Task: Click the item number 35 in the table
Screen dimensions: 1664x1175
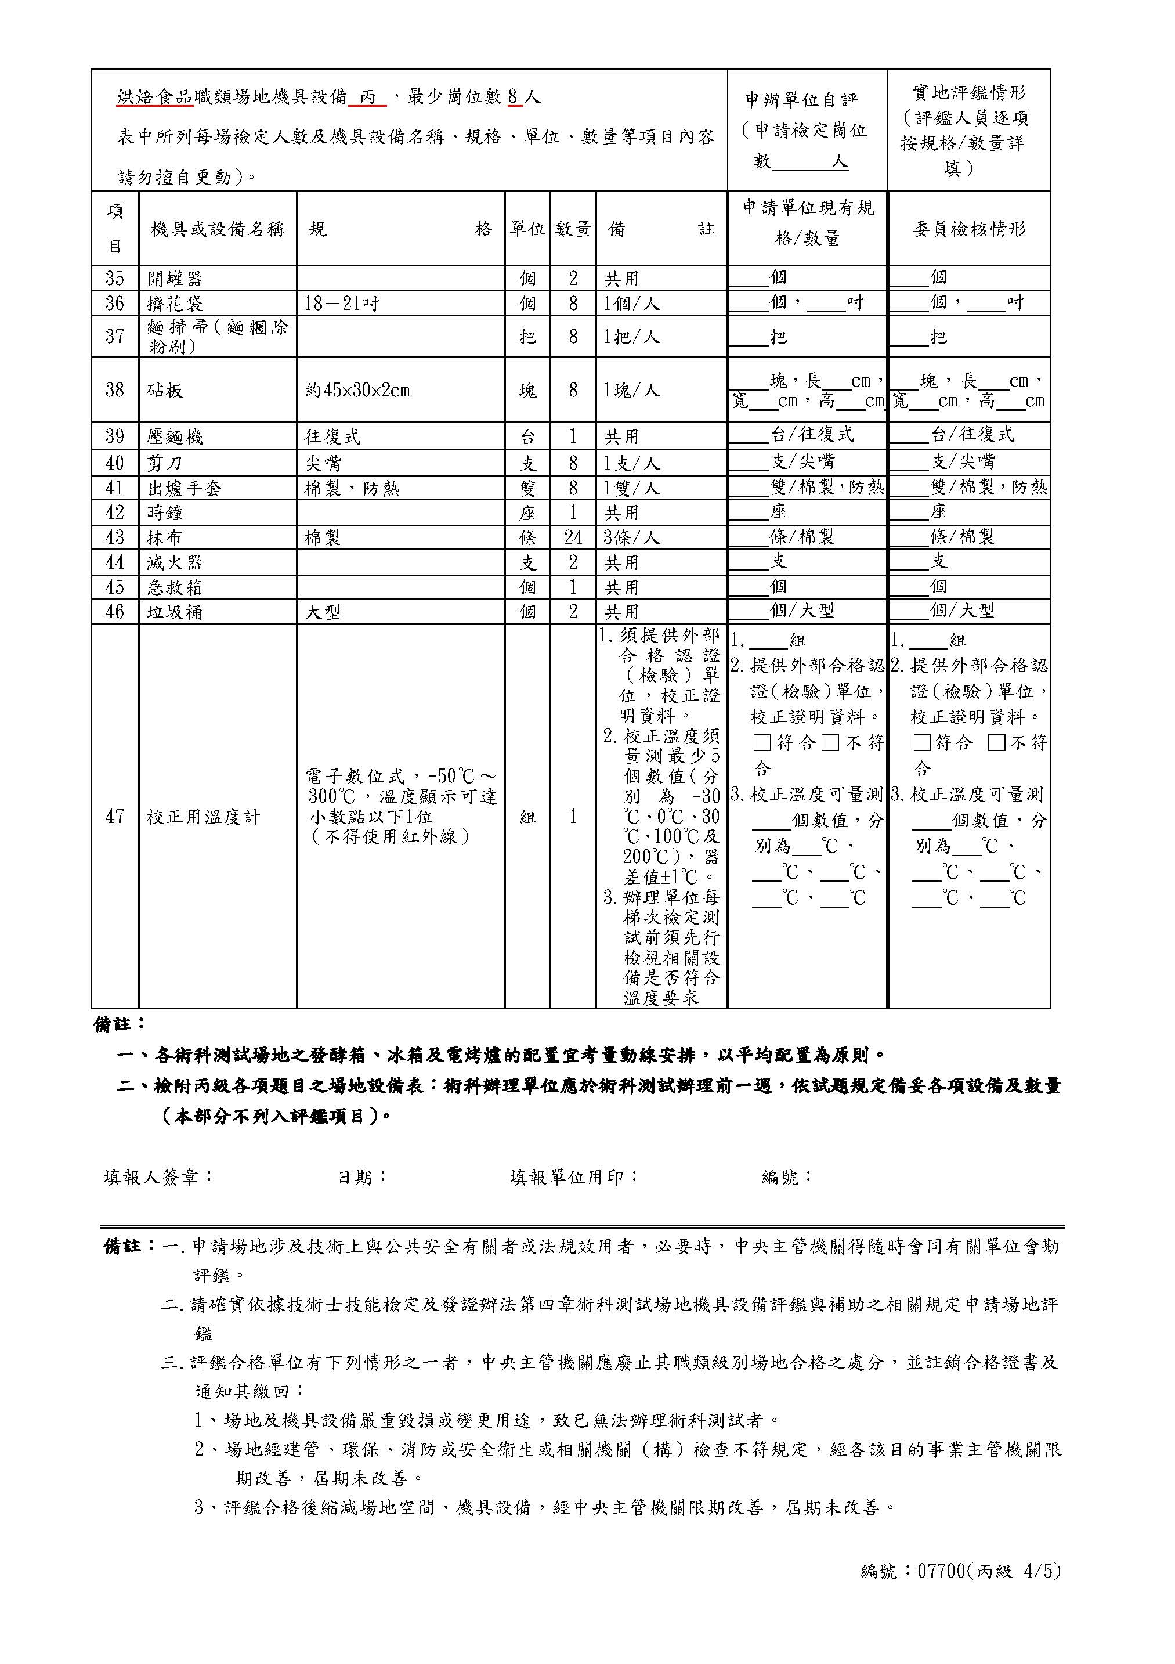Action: click(x=114, y=278)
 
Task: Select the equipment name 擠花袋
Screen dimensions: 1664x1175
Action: click(x=175, y=303)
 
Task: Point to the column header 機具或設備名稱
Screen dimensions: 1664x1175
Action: click(x=218, y=229)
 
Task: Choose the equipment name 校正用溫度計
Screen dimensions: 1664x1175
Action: click(x=203, y=817)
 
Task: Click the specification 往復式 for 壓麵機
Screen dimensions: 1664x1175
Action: click(x=332, y=436)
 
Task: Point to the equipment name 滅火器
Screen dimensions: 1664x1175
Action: click(x=175, y=562)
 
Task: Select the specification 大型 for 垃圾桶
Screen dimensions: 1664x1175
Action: click(x=323, y=612)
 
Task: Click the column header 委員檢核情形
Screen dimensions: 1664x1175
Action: click(x=968, y=229)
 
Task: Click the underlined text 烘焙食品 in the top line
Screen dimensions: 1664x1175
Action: click(x=155, y=97)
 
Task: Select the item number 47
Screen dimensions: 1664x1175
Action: click(x=114, y=817)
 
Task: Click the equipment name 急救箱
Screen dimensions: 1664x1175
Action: click(x=175, y=587)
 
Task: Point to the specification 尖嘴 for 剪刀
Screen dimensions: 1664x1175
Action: click(x=323, y=463)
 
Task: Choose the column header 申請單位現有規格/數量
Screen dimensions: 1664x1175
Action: click(x=807, y=222)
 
